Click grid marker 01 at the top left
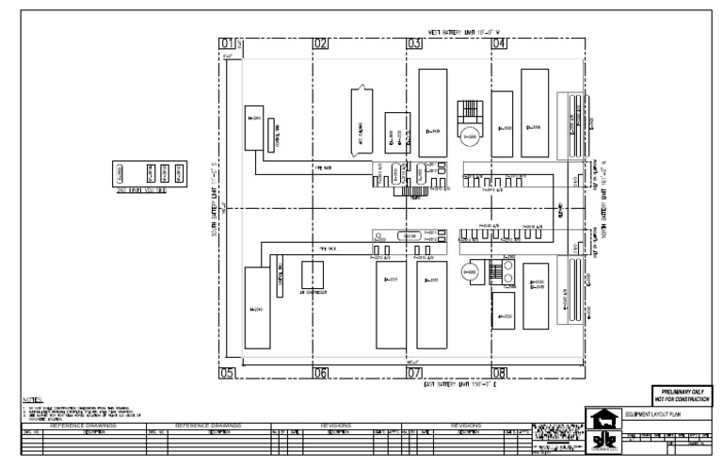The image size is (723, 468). point(226,43)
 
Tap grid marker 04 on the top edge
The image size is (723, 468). point(500,43)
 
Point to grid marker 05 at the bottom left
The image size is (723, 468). point(226,373)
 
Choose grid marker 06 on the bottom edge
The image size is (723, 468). point(320,373)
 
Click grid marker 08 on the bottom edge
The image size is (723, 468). point(500,373)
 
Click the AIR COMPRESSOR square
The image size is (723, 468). point(313,274)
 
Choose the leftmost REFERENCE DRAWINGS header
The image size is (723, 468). point(82,426)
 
